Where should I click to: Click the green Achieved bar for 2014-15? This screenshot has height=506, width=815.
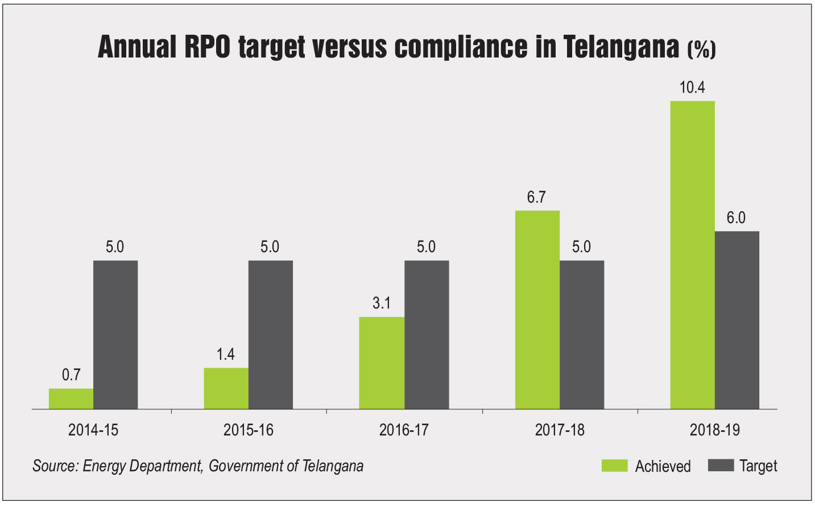(x=71, y=398)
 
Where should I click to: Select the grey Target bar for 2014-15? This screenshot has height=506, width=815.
(x=115, y=335)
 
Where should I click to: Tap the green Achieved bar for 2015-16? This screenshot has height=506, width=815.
(x=226, y=388)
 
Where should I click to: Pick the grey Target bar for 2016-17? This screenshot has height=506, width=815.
(x=427, y=335)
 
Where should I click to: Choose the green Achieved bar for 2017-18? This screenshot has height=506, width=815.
(x=537, y=310)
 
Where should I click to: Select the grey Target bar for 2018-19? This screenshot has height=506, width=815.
(x=737, y=320)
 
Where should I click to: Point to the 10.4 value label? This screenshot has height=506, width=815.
(x=692, y=88)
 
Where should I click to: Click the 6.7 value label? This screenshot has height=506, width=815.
(x=536, y=197)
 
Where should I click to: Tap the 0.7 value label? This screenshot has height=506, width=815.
(x=71, y=375)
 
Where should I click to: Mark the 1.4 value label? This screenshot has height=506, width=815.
(x=225, y=355)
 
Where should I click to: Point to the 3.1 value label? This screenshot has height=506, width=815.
(x=382, y=303)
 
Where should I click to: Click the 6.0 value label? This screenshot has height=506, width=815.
(x=736, y=218)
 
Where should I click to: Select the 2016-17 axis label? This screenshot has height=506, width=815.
(x=404, y=430)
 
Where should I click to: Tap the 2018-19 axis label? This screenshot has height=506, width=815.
(x=715, y=430)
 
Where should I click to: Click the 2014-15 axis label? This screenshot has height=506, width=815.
(x=93, y=430)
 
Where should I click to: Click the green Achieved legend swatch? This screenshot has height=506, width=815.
(x=614, y=466)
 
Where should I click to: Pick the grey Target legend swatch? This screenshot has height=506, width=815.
(x=721, y=465)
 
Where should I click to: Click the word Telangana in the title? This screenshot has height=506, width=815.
(x=621, y=47)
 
